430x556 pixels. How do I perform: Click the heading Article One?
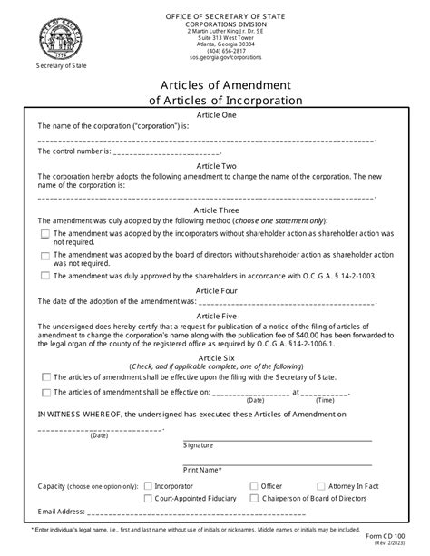click(215, 115)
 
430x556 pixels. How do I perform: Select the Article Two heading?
click(215, 166)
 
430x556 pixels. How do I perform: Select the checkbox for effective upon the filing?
click(45, 377)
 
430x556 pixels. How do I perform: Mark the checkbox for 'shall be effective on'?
click(45, 393)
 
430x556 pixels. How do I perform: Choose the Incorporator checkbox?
click(148, 486)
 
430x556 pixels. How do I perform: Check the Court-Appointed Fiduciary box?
click(148, 498)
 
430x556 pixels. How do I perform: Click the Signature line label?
click(198, 445)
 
